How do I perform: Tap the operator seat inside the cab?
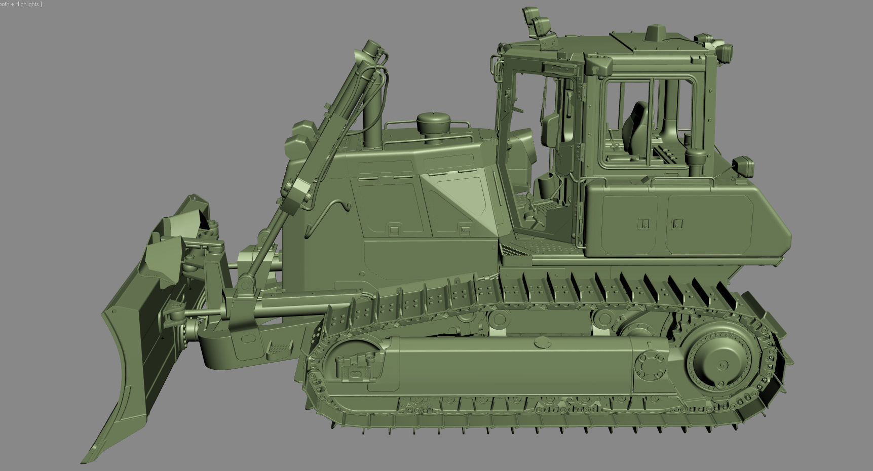[637, 127]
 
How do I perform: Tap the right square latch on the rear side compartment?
[678, 223]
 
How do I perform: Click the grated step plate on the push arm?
[276, 349]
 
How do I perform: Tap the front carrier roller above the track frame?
[499, 319]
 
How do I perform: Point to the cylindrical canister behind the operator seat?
[695, 159]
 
